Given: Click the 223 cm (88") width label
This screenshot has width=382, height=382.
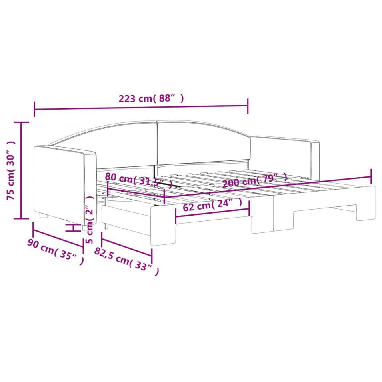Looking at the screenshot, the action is tap(151, 98).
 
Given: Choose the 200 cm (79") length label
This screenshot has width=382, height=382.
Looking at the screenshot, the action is tap(254, 179).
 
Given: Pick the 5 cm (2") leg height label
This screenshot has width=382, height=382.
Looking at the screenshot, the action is tap(90, 219).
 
